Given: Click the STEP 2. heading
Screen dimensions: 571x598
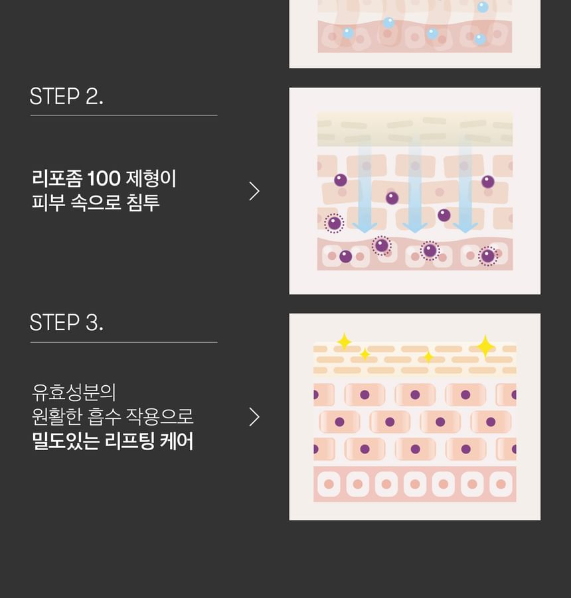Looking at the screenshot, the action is tap(66, 96).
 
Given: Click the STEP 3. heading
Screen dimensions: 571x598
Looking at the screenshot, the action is tap(66, 323).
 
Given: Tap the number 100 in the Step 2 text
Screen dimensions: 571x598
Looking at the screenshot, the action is tap(104, 178).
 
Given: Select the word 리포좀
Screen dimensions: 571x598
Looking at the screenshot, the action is tap(57, 178).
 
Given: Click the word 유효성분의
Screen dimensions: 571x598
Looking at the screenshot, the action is tap(74, 392).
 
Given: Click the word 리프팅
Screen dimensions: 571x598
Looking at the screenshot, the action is tap(129, 441).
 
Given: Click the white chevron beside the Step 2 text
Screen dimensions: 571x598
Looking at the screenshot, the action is tap(254, 191).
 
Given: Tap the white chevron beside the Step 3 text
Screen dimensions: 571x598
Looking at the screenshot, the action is tap(254, 417).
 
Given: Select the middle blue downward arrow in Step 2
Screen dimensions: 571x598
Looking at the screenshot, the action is tap(415, 186).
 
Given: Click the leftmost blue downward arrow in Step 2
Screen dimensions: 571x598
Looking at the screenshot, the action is tap(365, 186).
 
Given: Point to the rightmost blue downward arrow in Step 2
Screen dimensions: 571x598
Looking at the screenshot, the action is tap(465, 186).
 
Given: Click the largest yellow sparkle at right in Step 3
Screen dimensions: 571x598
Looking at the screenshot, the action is tap(485, 347).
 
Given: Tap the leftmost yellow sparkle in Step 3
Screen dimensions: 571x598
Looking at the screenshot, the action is tap(344, 341).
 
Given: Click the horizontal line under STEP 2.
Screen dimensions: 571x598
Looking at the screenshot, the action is tap(123, 115).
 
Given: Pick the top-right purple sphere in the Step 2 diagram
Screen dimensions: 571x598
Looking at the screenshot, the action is tap(488, 182).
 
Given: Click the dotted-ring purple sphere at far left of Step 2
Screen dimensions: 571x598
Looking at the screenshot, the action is tap(334, 223).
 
